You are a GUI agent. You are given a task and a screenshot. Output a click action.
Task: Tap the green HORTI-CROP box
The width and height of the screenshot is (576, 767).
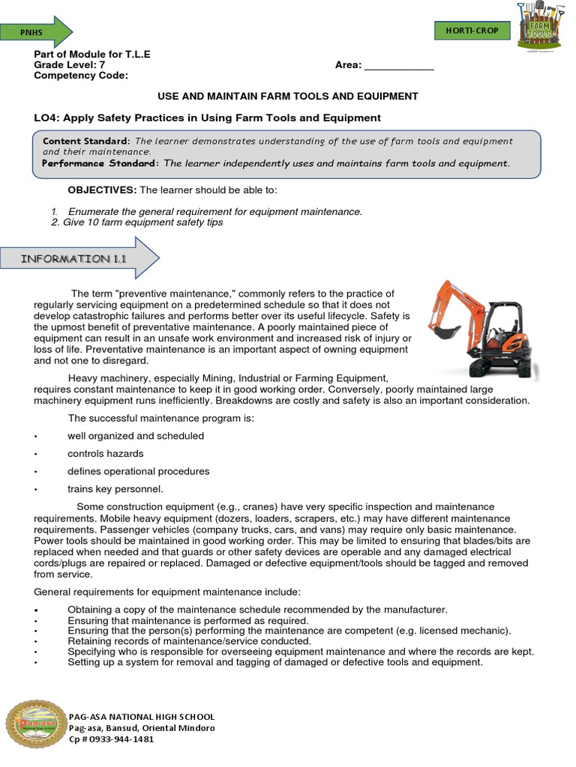[472, 30]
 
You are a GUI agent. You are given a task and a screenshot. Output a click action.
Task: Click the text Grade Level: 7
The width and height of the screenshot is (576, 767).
[70, 65]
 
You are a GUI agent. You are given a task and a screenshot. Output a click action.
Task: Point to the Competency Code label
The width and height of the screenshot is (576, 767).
[81, 76]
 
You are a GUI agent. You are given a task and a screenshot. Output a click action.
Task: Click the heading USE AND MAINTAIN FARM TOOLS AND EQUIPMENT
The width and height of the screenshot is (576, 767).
[287, 97]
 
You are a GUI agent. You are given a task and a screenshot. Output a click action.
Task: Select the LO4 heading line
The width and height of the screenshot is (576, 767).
[208, 118]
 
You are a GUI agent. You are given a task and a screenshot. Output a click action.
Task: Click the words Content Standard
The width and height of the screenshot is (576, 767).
[86, 141]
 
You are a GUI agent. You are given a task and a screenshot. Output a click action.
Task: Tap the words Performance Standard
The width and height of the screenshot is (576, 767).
[100, 163]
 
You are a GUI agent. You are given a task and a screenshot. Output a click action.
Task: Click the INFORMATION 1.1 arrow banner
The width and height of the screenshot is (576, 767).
[75, 259]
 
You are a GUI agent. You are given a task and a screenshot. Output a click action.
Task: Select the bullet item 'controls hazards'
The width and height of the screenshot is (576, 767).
[105, 454]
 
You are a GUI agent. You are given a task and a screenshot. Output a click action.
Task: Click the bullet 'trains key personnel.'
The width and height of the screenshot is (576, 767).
[115, 489]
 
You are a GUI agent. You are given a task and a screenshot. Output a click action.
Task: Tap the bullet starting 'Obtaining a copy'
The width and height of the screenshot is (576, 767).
[256, 610]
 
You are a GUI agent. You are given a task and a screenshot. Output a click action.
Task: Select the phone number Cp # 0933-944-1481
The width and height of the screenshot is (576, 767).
[111, 739]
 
